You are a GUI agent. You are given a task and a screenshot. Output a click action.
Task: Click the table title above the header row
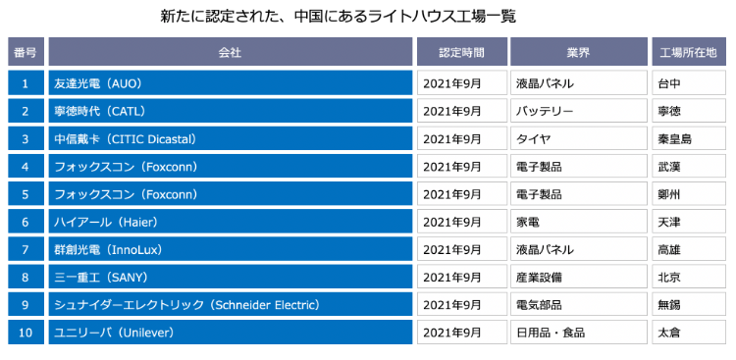338,17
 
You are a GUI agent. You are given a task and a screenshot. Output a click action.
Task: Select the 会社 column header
230,51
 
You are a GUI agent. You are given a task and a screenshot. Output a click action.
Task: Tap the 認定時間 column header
460,51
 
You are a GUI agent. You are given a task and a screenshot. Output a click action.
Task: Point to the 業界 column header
578,51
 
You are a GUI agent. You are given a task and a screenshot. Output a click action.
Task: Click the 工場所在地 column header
689,51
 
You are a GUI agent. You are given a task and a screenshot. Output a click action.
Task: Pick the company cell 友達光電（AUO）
230,83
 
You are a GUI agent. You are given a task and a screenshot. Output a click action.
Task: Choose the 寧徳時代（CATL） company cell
230,111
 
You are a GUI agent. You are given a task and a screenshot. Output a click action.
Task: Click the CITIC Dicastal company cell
230,138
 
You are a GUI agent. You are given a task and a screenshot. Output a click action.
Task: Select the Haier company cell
230,222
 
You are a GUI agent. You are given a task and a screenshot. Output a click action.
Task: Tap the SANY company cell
230,278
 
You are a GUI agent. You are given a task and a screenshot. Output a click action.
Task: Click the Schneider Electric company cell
230,305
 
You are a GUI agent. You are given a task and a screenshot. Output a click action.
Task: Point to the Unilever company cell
230,333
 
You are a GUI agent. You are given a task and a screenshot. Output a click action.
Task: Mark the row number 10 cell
26,333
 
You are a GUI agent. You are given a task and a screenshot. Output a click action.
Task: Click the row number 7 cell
26,249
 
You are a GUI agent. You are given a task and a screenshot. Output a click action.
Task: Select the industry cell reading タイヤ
578,138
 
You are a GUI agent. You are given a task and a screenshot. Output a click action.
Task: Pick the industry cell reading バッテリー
578,111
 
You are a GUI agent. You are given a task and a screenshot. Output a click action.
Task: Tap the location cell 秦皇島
689,138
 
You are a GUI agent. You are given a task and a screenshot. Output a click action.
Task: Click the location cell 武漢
689,167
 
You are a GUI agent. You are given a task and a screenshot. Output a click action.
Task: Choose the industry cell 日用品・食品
578,333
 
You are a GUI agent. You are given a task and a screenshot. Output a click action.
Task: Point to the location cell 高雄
689,249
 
